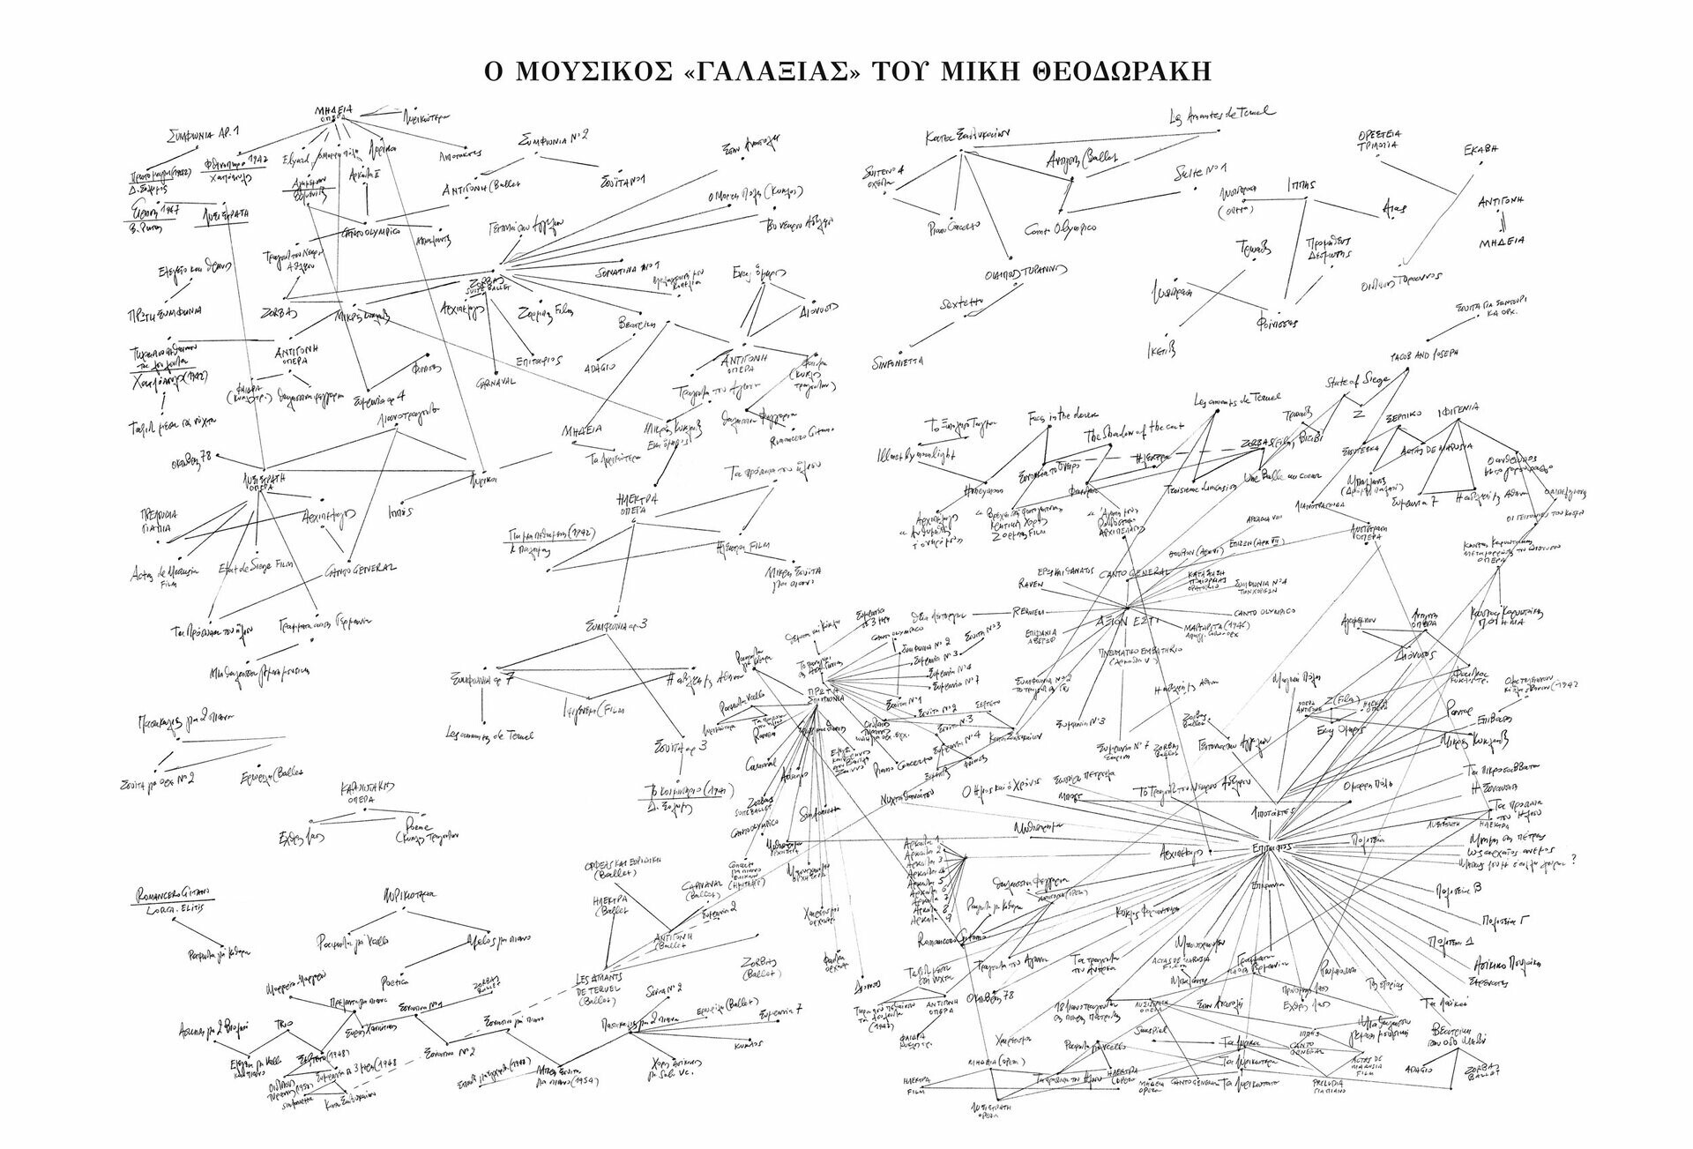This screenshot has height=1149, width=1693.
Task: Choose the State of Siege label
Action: [x=1357, y=381]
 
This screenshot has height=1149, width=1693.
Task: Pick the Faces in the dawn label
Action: [x=1055, y=414]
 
